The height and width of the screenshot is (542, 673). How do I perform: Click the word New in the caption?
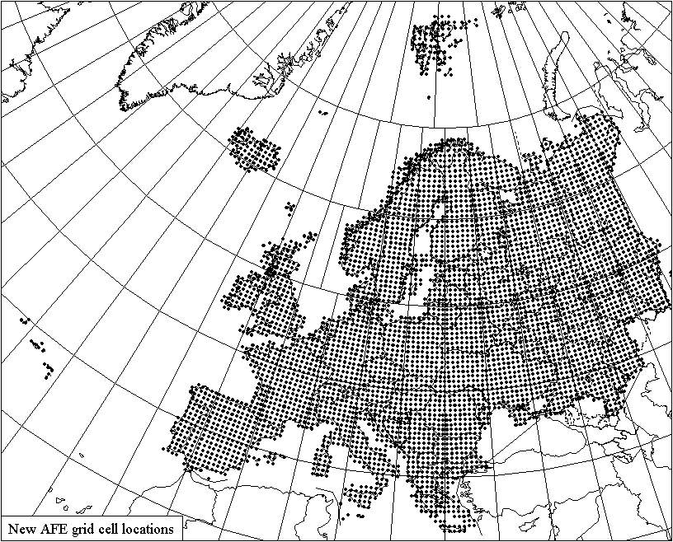pyautogui.click(x=21, y=529)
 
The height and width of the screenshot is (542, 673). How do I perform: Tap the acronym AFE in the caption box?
pyautogui.click(x=51, y=529)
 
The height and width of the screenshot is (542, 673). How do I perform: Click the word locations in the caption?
pyautogui.click(x=148, y=529)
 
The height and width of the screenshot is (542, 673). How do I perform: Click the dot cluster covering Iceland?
pyautogui.click(x=255, y=149)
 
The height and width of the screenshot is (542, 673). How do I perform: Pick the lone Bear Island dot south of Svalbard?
pyautogui.click(x=450, y=73)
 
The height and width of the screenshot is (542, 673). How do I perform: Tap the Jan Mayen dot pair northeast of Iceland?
pyautogui.click(x=322, y=113)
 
